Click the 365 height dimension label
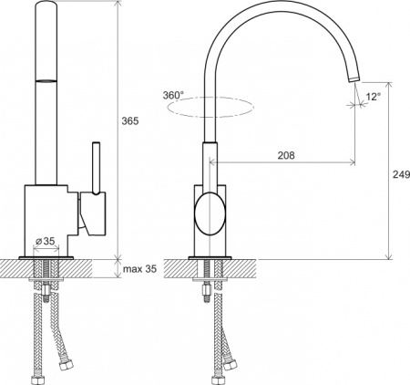coord(130,121)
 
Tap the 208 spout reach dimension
coord(286,155)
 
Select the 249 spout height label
coord(402,174)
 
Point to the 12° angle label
coord(374,97)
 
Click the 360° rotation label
coord(173,95)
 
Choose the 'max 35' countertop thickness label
coord(140,269)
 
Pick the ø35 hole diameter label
coord(45,241)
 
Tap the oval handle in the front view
coord(210,213)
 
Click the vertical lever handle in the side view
coord(97,168)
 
